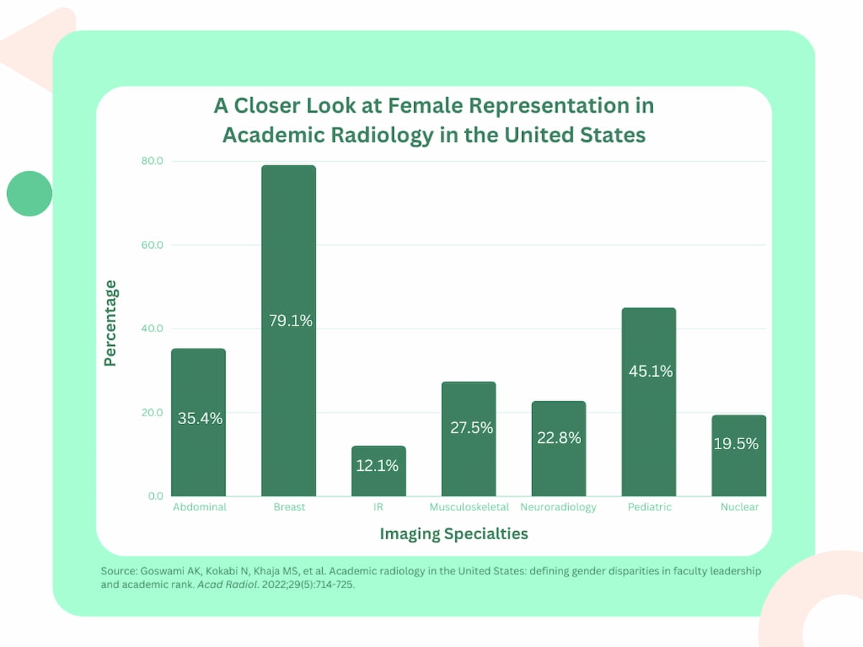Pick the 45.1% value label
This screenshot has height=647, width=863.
(x=651, y=372)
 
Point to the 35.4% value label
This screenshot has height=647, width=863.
(x=200, y=418)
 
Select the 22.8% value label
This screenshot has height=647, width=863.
(x=559, y=437)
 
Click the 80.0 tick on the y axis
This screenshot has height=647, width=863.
(x=151, y=161)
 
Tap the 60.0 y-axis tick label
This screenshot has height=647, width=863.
(x=151, y=245)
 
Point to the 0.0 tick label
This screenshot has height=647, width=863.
(x=155, y=496)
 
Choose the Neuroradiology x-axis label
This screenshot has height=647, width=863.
(x=558, y=507)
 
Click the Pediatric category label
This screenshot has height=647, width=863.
(x=649, y=507)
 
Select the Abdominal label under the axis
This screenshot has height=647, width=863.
(x=199, y=507)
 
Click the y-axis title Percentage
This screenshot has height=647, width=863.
(x=110, y=323)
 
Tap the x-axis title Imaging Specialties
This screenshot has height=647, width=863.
(x=454, y=534)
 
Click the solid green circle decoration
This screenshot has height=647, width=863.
(x=29, y=193)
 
